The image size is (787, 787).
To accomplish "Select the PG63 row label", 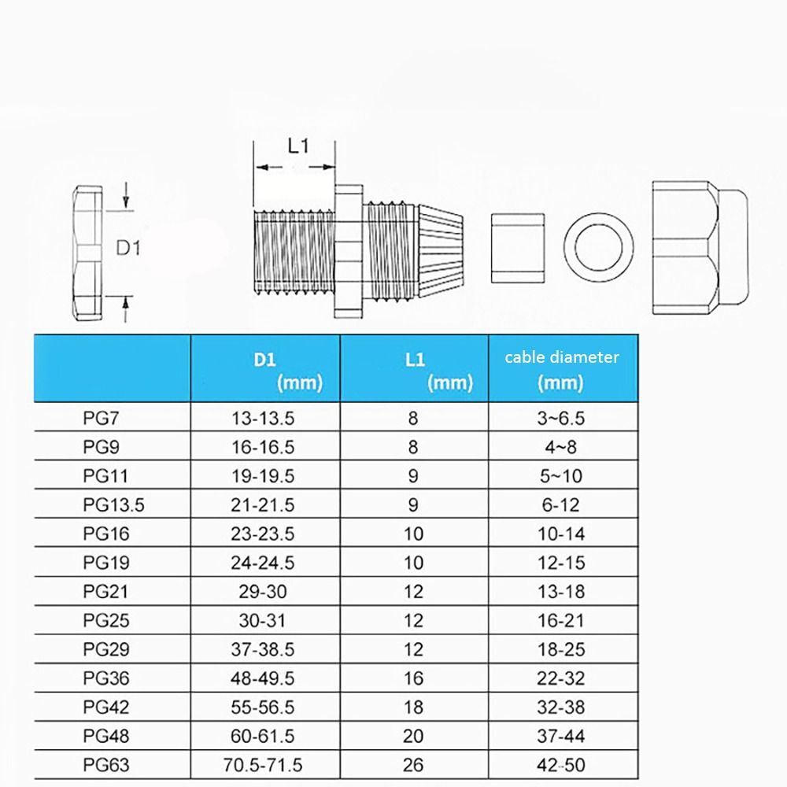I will [x=104, y=764].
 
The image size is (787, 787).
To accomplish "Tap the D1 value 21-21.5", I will [x=263, y=504].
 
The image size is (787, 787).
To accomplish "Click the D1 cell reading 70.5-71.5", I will [x=263, y=764].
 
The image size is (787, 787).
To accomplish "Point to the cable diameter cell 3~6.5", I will [x=561, y=418].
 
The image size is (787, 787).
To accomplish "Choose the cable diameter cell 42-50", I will [x=561, y=764].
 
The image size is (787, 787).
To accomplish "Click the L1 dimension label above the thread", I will [x=297, y=146].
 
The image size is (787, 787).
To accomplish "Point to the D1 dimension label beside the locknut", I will [x=128, y=248].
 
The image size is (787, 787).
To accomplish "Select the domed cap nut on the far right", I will [x=699, y=246].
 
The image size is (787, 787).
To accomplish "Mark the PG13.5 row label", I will [x=113, y=504].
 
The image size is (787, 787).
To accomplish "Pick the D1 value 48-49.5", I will [x=263, y=678].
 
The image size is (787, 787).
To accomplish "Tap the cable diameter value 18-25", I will [x=561, y=649].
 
